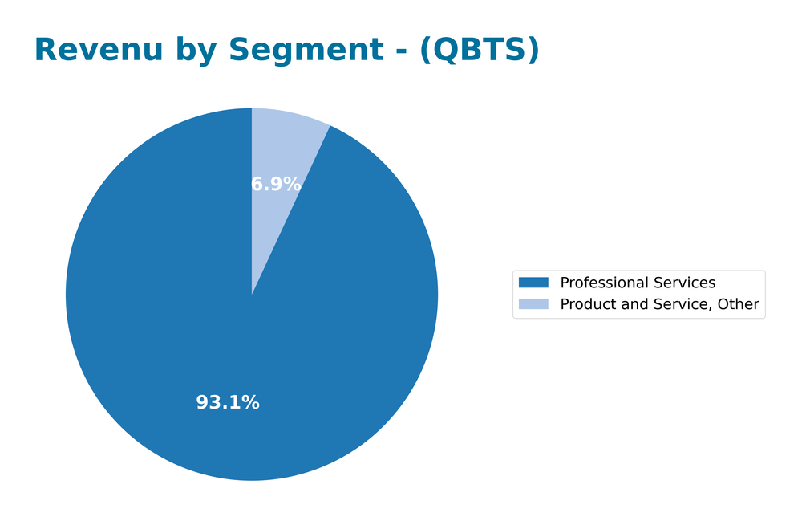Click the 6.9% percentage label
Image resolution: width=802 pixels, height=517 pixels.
[x=276, y=185]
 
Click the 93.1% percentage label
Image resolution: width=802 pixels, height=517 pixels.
[x=228, y=403]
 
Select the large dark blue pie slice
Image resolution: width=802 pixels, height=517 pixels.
[x=200, y=321]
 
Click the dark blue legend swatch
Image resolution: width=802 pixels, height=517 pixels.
[x=533, y=283]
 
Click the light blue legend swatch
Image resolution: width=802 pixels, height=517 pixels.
[x=533, y=304]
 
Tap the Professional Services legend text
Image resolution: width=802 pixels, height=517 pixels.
[x=638, y=283]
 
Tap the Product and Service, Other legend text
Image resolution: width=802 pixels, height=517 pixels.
[x=659, y=304]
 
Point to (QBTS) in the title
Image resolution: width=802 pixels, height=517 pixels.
[x=480, y=51]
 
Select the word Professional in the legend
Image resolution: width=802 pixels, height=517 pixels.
[x=602, y=283]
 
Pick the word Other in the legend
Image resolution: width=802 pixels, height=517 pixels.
[x=739, y=304]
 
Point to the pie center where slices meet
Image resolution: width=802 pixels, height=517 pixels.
[x=252, y=295]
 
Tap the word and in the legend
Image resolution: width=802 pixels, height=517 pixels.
[x=631, y=304]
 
